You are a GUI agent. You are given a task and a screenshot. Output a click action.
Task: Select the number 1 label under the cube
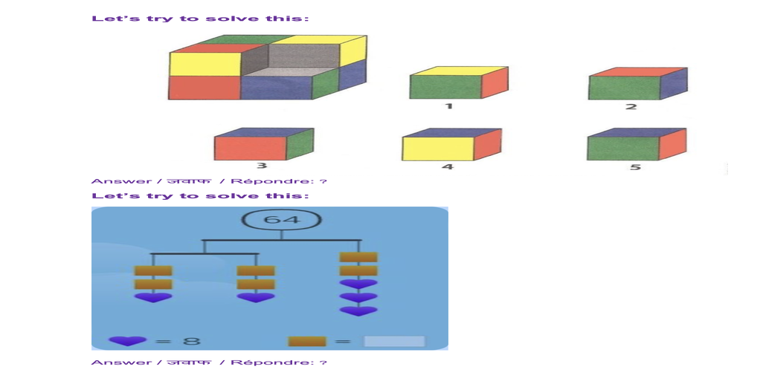pos(448,106)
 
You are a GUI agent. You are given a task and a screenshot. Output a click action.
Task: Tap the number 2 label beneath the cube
pos(631,107)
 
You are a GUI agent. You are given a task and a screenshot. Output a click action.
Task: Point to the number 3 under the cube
pos(262,166)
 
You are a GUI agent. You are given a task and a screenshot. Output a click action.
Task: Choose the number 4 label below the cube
pos(447,167)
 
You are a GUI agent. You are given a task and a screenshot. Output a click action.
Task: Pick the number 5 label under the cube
pos(634,167)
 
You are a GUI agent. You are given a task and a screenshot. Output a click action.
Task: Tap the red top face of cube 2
pos(636,71)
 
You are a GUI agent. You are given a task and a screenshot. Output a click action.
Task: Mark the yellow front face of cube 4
pos(437,149)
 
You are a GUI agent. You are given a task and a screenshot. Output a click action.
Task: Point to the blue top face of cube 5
pos(636,132)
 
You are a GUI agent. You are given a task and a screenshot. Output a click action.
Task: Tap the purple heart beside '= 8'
pos(128,342)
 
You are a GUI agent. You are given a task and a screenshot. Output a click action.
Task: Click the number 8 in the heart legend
pos(193,342)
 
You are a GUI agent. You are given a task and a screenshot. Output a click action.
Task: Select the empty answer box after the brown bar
pos(394,342)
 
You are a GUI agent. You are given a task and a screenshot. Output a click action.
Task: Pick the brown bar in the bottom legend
pos(307,342)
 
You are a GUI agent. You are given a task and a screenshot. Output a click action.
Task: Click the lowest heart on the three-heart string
pos(358,311)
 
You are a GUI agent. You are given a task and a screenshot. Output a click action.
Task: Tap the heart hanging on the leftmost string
pos(152,298)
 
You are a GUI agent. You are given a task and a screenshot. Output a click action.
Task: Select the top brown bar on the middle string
pos(255,271)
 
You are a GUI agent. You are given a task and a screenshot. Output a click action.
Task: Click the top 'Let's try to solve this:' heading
pos(200,18)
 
